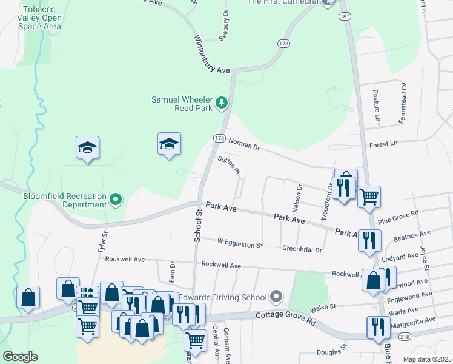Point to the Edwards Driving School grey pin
click(x=277, y=297)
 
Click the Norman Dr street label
click(x=245, y=144)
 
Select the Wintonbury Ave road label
click(x=211, y=53)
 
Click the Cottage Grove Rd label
click(x=286, y=316)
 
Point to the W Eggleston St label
click(x=239, y=243)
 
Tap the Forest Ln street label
click(x=383, y=144)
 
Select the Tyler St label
click(x=102, y=241)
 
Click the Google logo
click(x=20, y=357)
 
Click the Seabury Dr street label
click(x=225, y=21)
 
